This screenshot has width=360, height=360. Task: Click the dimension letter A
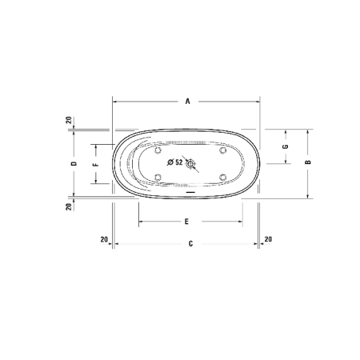click(187, 102)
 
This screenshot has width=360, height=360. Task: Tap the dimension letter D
click(73, 163)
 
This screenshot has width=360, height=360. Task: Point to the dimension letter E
click(186, 221)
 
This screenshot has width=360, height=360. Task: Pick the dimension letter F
click(95, 164)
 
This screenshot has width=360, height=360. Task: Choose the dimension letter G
click(285, 147)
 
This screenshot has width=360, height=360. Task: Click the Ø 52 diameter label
click(175, 162)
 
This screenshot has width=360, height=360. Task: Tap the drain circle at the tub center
click(190, 163)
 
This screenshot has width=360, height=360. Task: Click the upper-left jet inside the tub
click(158, 150)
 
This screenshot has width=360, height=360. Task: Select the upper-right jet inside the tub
click(222, 150)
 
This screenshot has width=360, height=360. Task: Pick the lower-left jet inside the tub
click(158, 176)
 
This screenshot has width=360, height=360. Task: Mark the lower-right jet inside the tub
click(222, 176)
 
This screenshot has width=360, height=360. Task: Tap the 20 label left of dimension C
click(103, 238)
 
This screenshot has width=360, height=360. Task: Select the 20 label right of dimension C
click(267, 238)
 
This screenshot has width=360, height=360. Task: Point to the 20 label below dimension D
click(70, 206)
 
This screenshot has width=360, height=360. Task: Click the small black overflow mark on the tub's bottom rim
click(190, 192)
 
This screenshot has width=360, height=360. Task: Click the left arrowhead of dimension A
click(115, 102)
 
